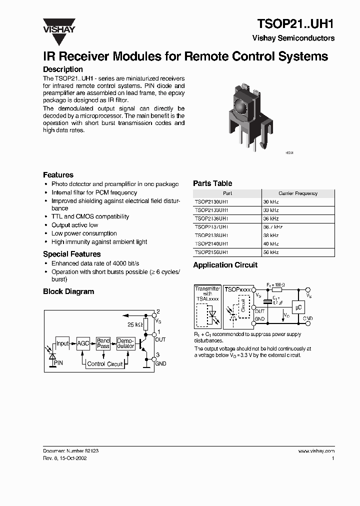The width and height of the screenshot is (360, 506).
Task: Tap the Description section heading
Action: pos(63,69)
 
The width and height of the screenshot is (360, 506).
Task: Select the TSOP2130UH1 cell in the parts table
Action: pos(211,201)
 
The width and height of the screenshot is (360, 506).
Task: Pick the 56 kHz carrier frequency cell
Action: pos(271,252)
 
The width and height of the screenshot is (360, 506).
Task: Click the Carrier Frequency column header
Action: pos(298,193)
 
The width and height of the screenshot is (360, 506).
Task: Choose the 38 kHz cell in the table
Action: pos(271,235)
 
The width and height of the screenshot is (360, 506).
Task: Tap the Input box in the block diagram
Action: pos(62,343)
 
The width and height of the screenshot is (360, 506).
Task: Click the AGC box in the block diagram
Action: pos(83,343)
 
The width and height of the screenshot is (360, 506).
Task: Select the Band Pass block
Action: pos(103,343)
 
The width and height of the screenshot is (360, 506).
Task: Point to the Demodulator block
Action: pos(125,343)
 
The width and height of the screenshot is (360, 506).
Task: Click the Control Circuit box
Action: pos(104,364)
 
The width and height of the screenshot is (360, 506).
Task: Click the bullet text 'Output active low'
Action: pos(74,225)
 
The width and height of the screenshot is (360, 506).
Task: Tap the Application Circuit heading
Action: pos(225,265)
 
